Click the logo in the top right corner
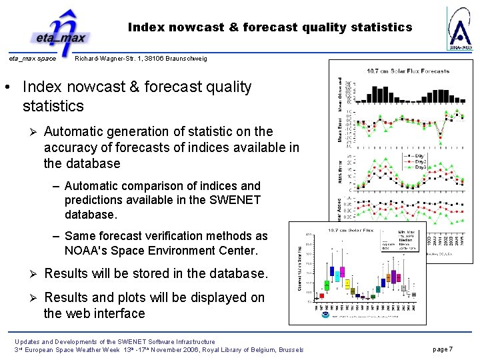(459, 29)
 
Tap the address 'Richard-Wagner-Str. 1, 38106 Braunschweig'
(141, 59)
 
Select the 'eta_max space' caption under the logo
(32, 59)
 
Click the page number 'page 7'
(443, 349)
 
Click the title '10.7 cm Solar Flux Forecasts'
(408, 71)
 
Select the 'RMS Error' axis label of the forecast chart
(340, 169)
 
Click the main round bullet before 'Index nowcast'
(7, 87)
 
